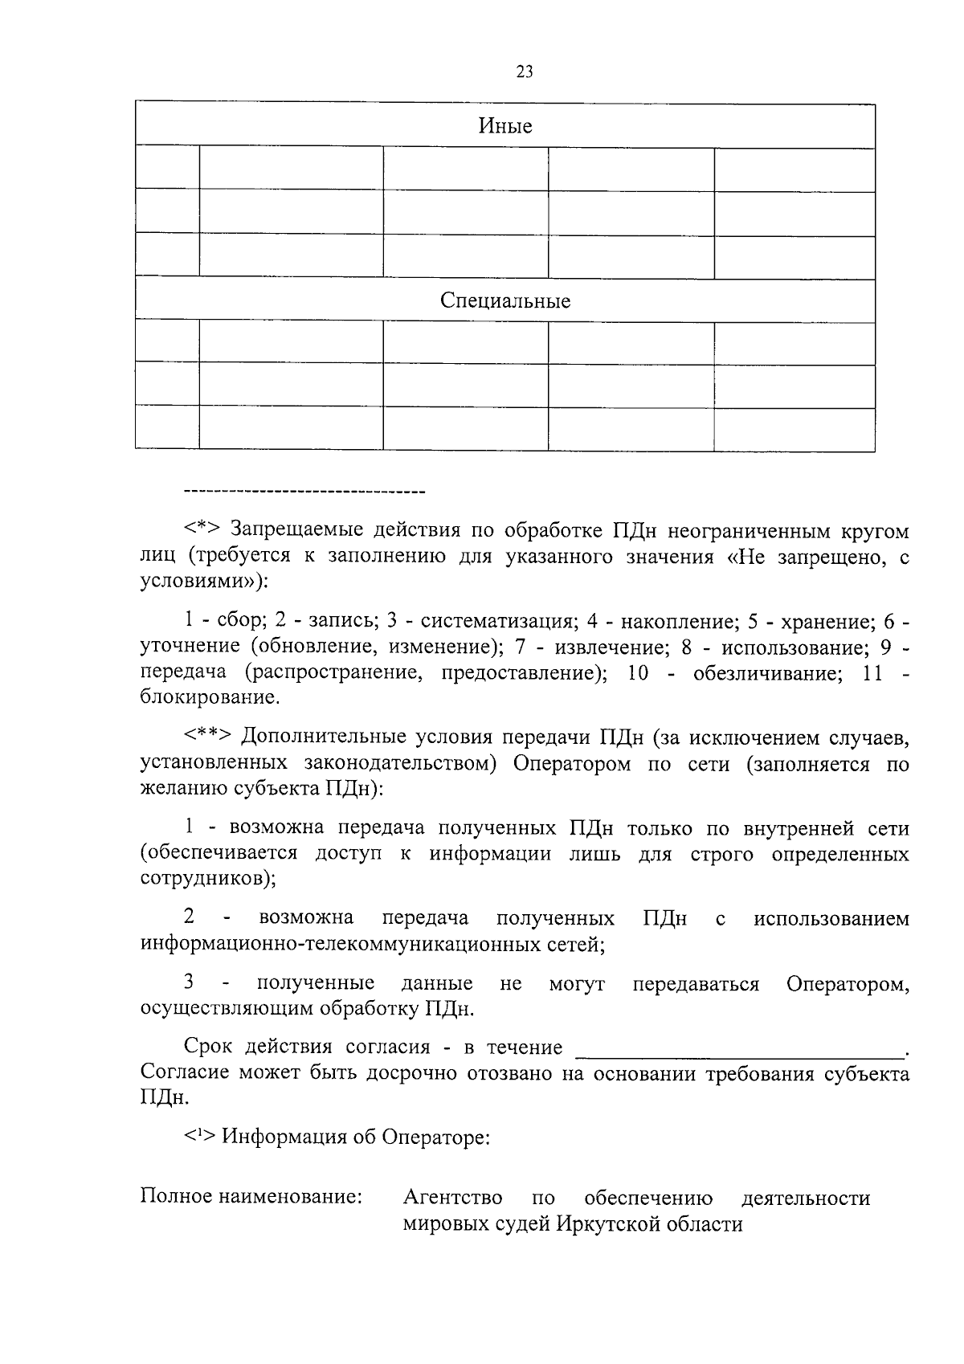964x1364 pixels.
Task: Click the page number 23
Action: tap(524, 72)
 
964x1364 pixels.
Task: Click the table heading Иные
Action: tap(505, 126)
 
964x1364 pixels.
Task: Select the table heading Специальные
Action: tap(505, 301)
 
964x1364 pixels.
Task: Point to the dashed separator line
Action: tap(304, 490)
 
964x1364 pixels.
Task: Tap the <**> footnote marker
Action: tap(209, 737)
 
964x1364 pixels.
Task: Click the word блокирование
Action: tap(210, 697)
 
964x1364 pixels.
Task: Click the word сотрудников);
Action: tap(208, 878)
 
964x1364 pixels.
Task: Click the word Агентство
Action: tap(453, 1199)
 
